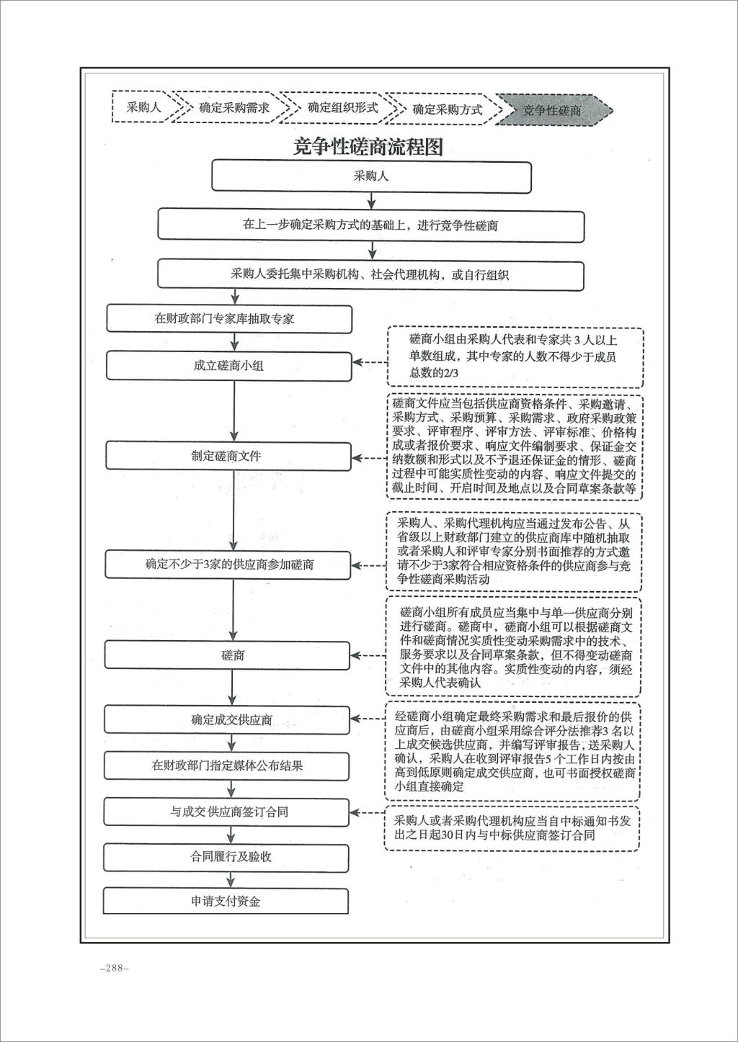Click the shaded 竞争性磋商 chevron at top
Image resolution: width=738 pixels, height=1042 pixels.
554,110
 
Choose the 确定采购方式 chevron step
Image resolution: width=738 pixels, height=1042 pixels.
446,109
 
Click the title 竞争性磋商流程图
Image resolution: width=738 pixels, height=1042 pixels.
368,146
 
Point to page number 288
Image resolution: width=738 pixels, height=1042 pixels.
115,968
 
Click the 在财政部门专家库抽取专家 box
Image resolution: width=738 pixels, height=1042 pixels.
229,319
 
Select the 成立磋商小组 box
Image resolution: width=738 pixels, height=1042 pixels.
229,366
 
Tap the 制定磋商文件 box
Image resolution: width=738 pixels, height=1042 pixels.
228,457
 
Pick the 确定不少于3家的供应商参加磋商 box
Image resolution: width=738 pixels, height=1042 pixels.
228,565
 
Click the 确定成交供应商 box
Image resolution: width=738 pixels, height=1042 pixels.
227,720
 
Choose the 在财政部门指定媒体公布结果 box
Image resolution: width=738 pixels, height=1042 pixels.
226,765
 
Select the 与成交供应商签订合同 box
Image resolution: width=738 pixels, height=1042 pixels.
226,812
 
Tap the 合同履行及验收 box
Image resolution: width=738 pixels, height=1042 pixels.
226,857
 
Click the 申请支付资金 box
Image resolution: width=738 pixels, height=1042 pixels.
226,902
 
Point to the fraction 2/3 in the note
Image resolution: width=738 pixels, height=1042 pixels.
448,372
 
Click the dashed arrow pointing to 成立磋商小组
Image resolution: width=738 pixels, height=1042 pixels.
370,362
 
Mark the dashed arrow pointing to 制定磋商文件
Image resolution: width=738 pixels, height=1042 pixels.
369,458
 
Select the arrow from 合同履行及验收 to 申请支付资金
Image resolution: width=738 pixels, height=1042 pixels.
231,879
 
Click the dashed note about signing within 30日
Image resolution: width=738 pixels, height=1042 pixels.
512,829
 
